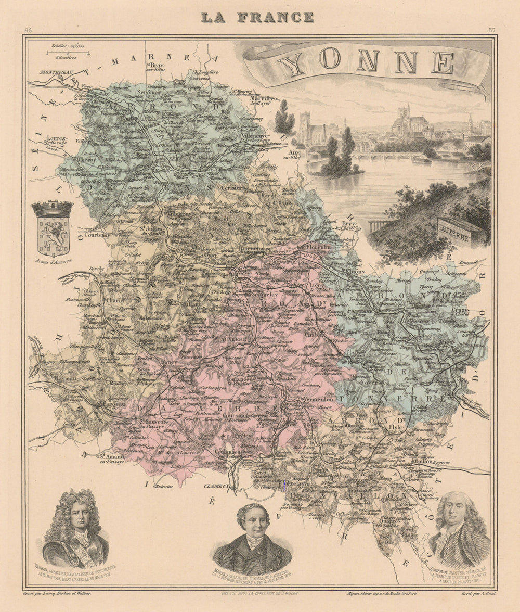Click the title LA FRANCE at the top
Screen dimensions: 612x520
tap(257, 17)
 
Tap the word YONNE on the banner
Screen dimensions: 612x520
tap(366, 62)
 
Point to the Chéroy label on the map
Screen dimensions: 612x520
tap(86, 161)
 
